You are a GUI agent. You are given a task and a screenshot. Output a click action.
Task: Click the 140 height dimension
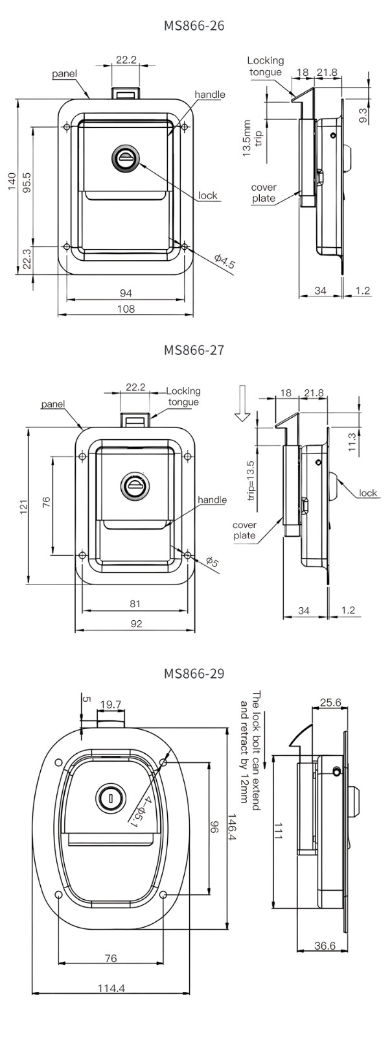point(12,182)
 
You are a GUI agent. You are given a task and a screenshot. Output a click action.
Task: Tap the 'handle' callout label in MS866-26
point(209,95)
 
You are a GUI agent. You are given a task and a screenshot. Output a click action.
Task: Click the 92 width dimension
point(135,624)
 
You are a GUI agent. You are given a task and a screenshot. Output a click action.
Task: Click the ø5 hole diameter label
point(212,561)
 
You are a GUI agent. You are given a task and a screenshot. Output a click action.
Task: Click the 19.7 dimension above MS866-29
point(110,704)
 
